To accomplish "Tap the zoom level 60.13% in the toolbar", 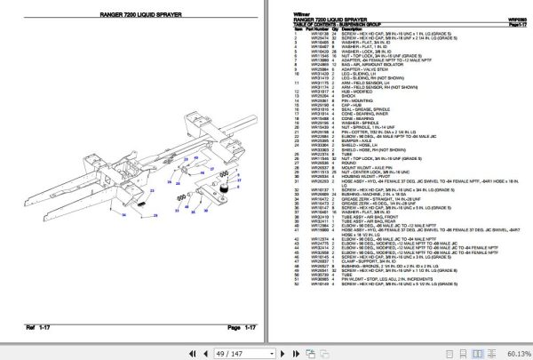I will click(514, 352).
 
